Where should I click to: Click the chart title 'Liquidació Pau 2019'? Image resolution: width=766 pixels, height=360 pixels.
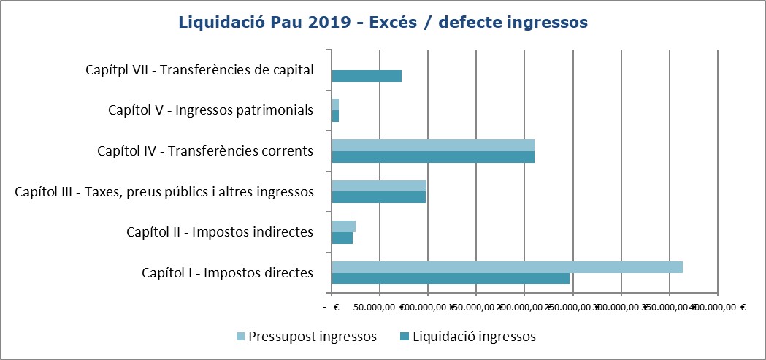pos(383,23)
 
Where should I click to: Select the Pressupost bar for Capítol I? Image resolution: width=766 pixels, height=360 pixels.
pos(507,267)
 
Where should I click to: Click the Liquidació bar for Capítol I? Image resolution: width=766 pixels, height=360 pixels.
pos(450,278)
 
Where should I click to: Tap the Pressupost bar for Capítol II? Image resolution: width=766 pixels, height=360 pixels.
pos(343,226)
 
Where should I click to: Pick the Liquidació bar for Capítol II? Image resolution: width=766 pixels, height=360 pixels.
pos(342,238)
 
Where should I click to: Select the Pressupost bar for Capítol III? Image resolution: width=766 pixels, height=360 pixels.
pos(378,185)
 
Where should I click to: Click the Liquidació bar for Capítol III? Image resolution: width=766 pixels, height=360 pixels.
pos(378,197)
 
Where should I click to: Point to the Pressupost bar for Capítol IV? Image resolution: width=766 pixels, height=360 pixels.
pos(432,145)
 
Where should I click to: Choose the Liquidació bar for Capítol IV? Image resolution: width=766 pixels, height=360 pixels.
pos(432,156)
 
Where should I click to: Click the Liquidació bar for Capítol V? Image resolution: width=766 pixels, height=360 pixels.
pos(335,116)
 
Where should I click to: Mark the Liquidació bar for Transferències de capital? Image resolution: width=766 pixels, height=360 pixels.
pos(367,75)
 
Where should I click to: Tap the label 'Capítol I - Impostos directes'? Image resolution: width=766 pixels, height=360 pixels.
pos(227,273)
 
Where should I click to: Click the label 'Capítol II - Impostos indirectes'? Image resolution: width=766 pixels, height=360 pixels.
pos(220,232)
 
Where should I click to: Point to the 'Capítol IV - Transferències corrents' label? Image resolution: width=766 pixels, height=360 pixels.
pos(205,151)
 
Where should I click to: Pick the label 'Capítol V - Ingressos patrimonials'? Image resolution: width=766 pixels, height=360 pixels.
pos(210,110)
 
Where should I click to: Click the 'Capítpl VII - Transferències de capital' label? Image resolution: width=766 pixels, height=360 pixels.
pos(199,70)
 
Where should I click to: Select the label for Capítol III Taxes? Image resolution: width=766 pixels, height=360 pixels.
pos(164,192)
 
